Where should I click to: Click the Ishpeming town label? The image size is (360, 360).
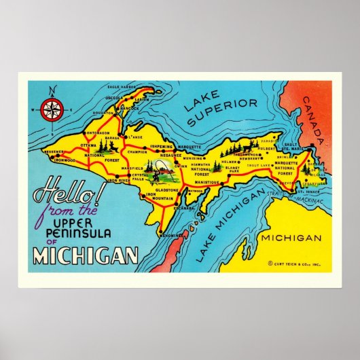[x=161, y=146]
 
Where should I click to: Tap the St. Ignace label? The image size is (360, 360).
[x=305, y=192]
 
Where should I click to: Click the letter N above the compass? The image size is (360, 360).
[x=50, y=88]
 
